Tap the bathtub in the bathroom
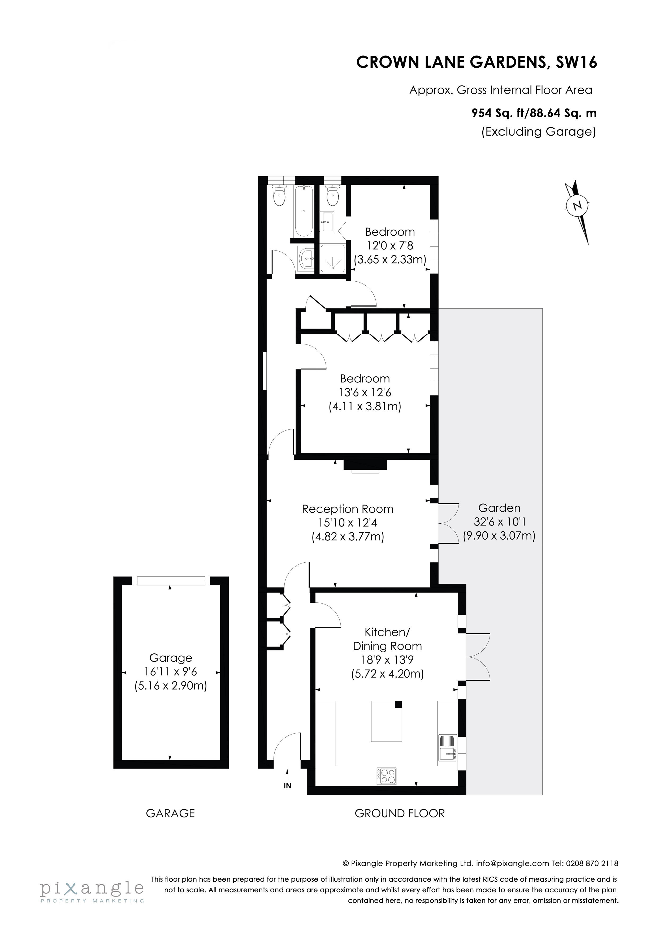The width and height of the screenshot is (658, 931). click(303, 211)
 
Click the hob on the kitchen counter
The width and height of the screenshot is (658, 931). click(386, 776)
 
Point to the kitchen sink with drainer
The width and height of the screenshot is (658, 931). click(447, 747)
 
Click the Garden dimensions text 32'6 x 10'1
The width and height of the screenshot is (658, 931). click(499, 521)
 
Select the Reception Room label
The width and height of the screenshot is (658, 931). click(348, 509)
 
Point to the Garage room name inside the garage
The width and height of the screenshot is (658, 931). click(171, 658)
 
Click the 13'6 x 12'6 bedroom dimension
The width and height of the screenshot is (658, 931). click(365, 393)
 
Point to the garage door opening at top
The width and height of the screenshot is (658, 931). click(171, 581)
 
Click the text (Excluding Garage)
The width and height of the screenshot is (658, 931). click(538, 132)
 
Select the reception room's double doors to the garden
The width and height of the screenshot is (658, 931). click(448, 523)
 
